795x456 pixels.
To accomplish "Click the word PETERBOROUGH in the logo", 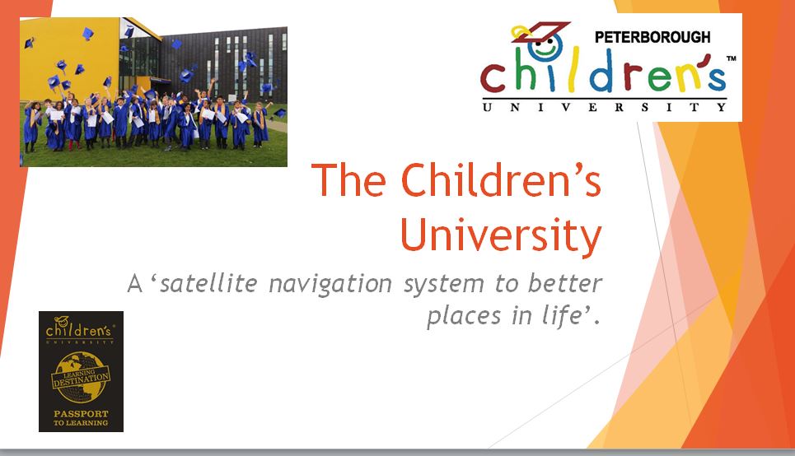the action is (652, 37).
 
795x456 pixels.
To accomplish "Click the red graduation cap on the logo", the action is (540, 31).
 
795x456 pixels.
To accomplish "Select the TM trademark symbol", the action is (731, 58).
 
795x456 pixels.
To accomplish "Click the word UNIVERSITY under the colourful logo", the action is (605, 107).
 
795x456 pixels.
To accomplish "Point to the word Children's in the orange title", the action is (501, 180).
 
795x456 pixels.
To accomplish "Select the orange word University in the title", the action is (501, 235).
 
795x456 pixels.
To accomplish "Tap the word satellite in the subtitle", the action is (209, 282).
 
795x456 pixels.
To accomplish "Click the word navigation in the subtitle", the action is (330, 284).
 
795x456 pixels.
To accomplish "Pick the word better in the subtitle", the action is (565, 282).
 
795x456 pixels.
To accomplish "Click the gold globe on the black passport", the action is (81, 378).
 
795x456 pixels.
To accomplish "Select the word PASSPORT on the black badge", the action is (81, 413).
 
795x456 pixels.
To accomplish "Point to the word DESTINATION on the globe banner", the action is (81, 379).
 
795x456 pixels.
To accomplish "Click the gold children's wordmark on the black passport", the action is (78, 329).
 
